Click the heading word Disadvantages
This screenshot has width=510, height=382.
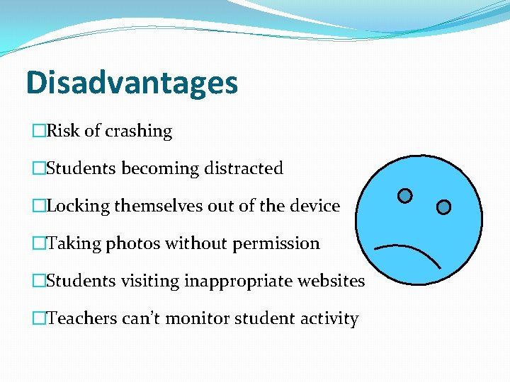click(x=132, y=83)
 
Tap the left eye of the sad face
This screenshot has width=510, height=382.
click(x=404, y=195)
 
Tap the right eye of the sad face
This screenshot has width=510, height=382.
click(x=443, y=207)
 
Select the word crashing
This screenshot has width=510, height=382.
click(x=138, y=131)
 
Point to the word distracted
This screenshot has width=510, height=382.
click(x=244, y=168)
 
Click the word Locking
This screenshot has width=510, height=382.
click(x=78, y=206)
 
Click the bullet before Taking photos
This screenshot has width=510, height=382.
click(x=38, y=243)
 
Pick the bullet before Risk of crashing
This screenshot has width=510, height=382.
click(x=38, y=131)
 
